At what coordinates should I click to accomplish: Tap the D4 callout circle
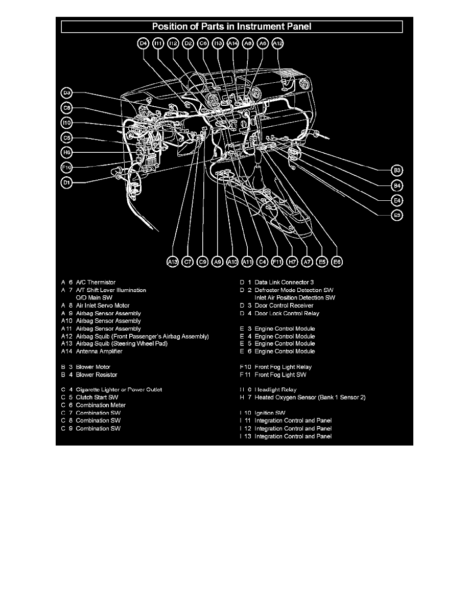(x=144, y=44)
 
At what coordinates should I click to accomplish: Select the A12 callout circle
(x=277, y=44)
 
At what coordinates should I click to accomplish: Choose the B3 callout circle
(x=397, y=170)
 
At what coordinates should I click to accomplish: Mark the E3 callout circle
(x=397, y=216)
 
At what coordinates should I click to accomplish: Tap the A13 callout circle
(x=173, y=262)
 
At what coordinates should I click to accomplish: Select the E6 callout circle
(x=337, y=262)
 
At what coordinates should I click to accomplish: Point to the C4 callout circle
(x=263, y=262)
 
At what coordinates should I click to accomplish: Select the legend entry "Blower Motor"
(x=93, y=367)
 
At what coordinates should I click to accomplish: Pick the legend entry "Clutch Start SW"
(x=97, y=397)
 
